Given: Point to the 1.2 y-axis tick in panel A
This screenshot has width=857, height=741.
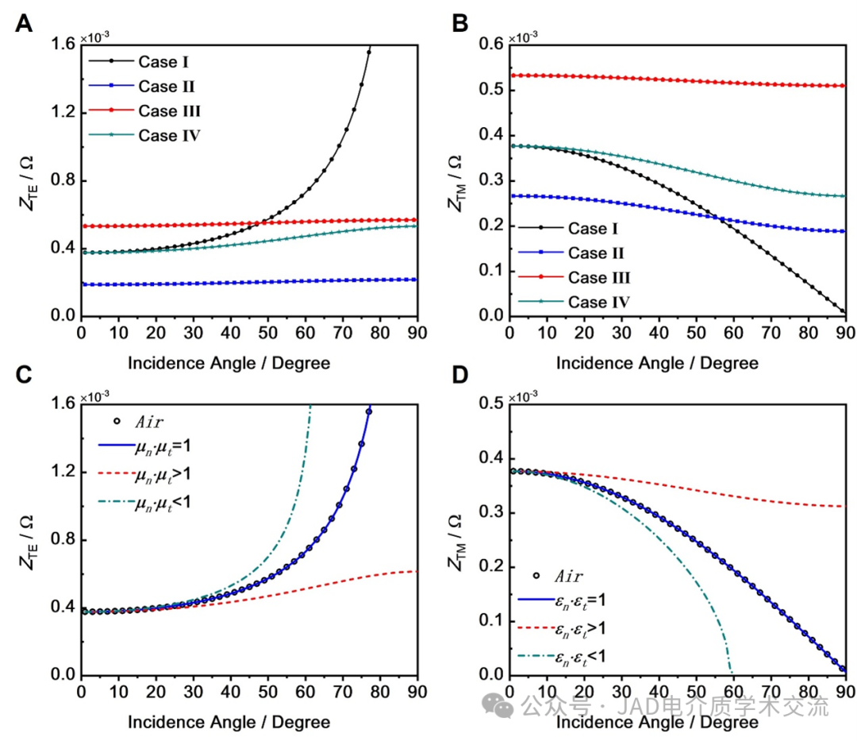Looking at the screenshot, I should [63, 113].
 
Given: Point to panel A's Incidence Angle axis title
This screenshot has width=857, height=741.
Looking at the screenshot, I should [229, 363].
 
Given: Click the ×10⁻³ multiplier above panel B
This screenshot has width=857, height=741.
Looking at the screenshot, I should [523, 36].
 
